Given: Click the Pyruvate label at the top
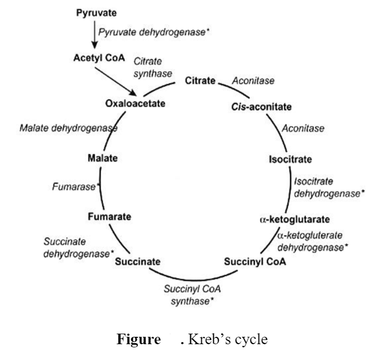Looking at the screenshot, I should [x=97, y=12].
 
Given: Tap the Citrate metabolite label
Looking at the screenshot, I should [x=200, y=81].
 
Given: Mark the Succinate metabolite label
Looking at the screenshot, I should [x=138, y=261].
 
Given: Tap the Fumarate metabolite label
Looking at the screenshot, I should [x=110, y=216].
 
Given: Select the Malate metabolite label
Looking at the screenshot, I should [x=103, y=158].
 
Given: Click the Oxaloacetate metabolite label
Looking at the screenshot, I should [x=135, y=102].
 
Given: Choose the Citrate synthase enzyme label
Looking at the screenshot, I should [x=152, y=67].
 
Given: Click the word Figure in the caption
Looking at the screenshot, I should [x=138, y=339].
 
